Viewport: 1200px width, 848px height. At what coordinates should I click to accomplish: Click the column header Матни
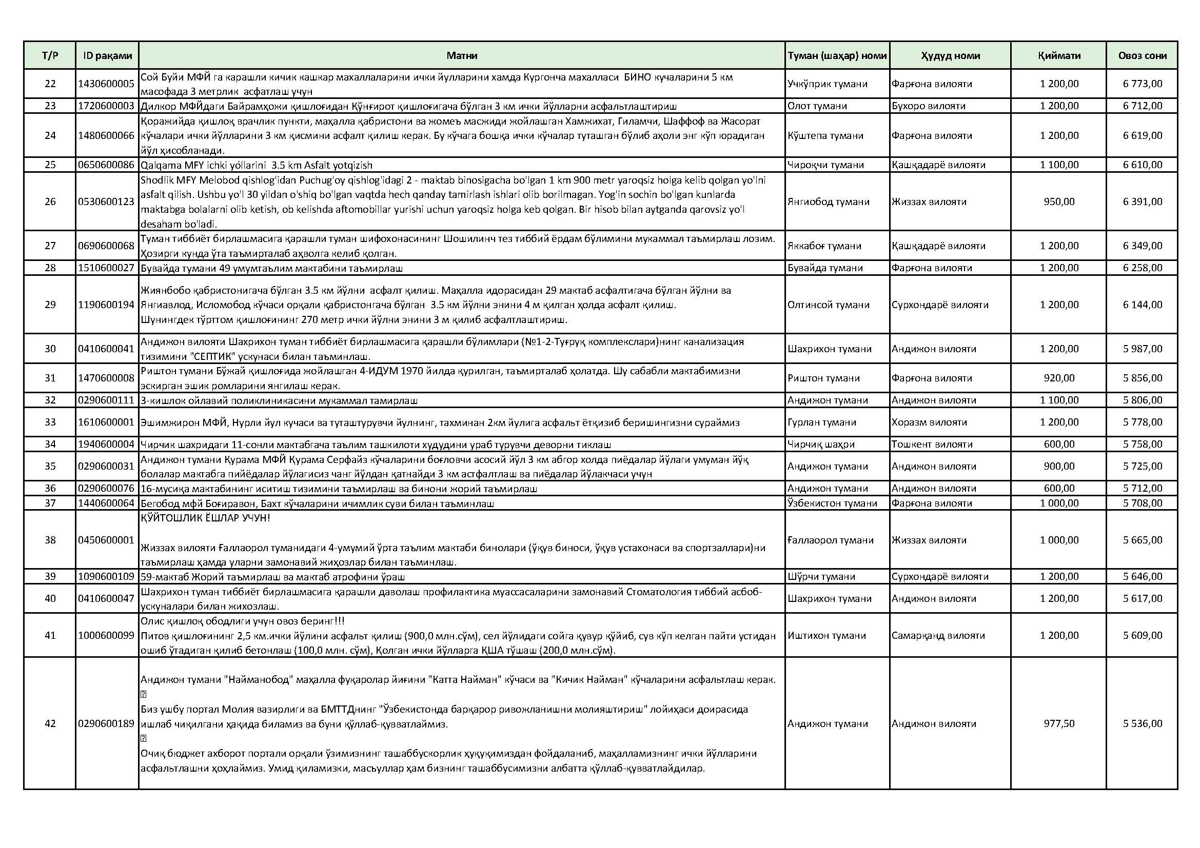[462, 55]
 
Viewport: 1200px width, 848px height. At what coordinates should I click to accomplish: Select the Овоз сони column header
[1142, 55]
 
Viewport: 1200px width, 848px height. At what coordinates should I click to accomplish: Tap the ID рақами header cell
[107, 55]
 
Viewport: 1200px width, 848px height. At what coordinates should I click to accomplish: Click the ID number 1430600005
[107, 84]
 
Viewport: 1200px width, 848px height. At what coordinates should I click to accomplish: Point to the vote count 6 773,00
[1143, 84]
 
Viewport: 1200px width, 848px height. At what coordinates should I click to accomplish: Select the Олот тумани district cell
[817, 106]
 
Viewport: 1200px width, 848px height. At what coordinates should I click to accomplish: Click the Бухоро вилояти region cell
[928, 106]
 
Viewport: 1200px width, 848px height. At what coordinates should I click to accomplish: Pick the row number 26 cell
[50, 201]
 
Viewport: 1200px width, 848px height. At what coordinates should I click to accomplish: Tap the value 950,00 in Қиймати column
[1059, 201]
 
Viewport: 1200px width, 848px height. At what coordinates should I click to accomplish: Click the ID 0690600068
[107, 246]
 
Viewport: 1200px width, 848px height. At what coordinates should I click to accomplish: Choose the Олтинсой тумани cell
[829, 305]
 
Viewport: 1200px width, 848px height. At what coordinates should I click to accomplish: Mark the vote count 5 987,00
[1143, 349]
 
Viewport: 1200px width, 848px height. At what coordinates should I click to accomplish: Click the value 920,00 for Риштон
[1059, 378]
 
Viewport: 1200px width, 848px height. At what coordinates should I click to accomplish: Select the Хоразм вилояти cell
[929, 422]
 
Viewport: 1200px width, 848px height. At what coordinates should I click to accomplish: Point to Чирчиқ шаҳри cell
[821, 445]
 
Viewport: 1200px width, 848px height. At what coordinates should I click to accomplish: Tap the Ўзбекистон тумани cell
[832, 503]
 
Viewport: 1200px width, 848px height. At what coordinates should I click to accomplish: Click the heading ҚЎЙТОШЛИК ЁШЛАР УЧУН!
[205, 518]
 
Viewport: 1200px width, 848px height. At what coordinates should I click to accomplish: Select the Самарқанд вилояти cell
[938, 635]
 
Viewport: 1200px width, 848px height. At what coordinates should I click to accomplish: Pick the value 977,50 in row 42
[1059, 724]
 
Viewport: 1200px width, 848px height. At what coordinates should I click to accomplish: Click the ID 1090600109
[107, 576]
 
